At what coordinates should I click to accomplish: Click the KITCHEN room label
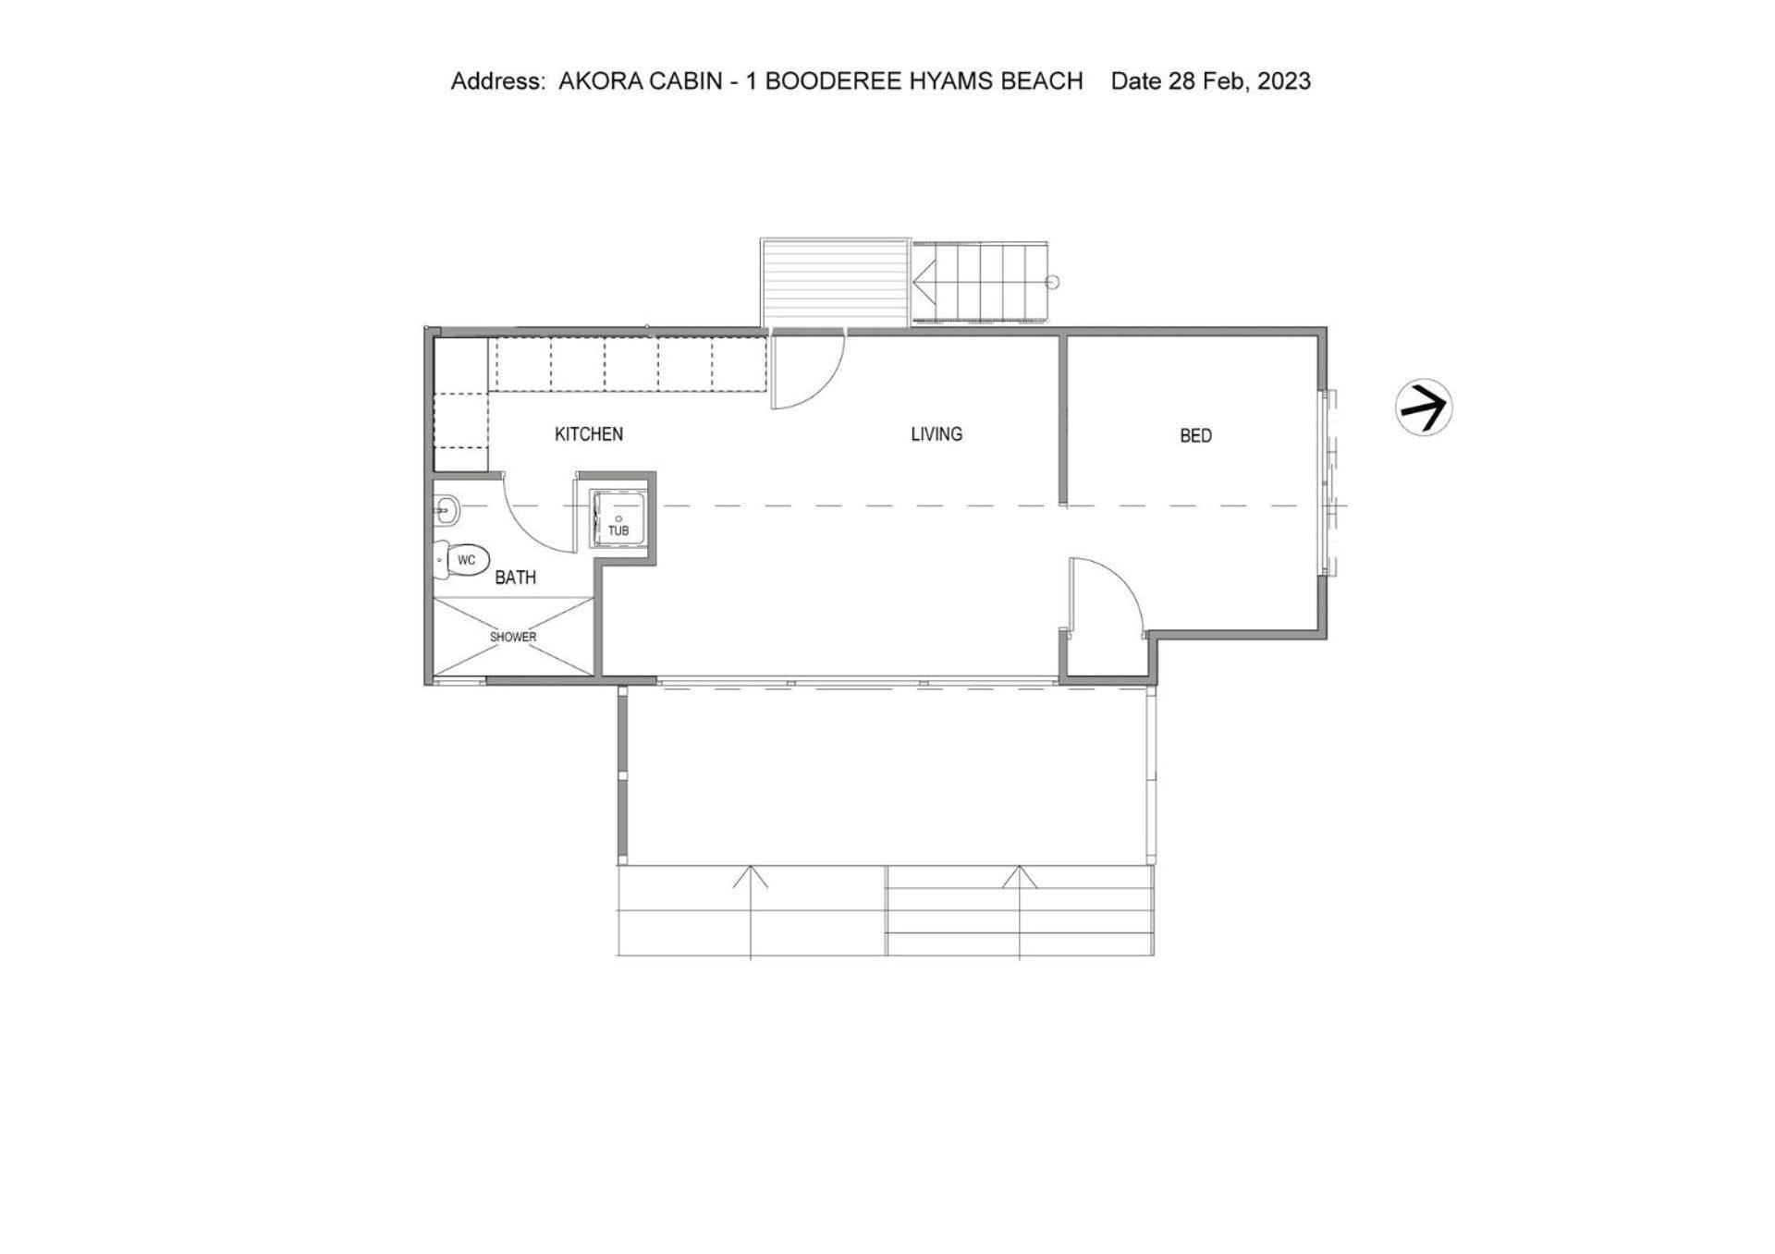click(x=589, y=434)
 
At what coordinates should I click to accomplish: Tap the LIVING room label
click(x=936, y=434)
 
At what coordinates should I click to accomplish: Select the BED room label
click(x=1195, y=436)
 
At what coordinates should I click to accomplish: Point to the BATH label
click(x=515, y=578)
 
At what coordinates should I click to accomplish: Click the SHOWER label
click(x=513, y=637)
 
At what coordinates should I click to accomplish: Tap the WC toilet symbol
click(x=461, y=560)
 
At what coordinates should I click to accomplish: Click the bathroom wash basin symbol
click(x=447, y=509)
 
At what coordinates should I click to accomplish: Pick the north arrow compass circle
click(x=1424, y=407)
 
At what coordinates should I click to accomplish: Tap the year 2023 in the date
click(x=1284, y=81)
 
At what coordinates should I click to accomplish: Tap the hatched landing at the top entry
click(x=836, y=283)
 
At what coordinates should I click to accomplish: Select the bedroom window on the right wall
click(x=1328, y=483)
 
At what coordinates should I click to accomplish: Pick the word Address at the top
click(x=498, y=81)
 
